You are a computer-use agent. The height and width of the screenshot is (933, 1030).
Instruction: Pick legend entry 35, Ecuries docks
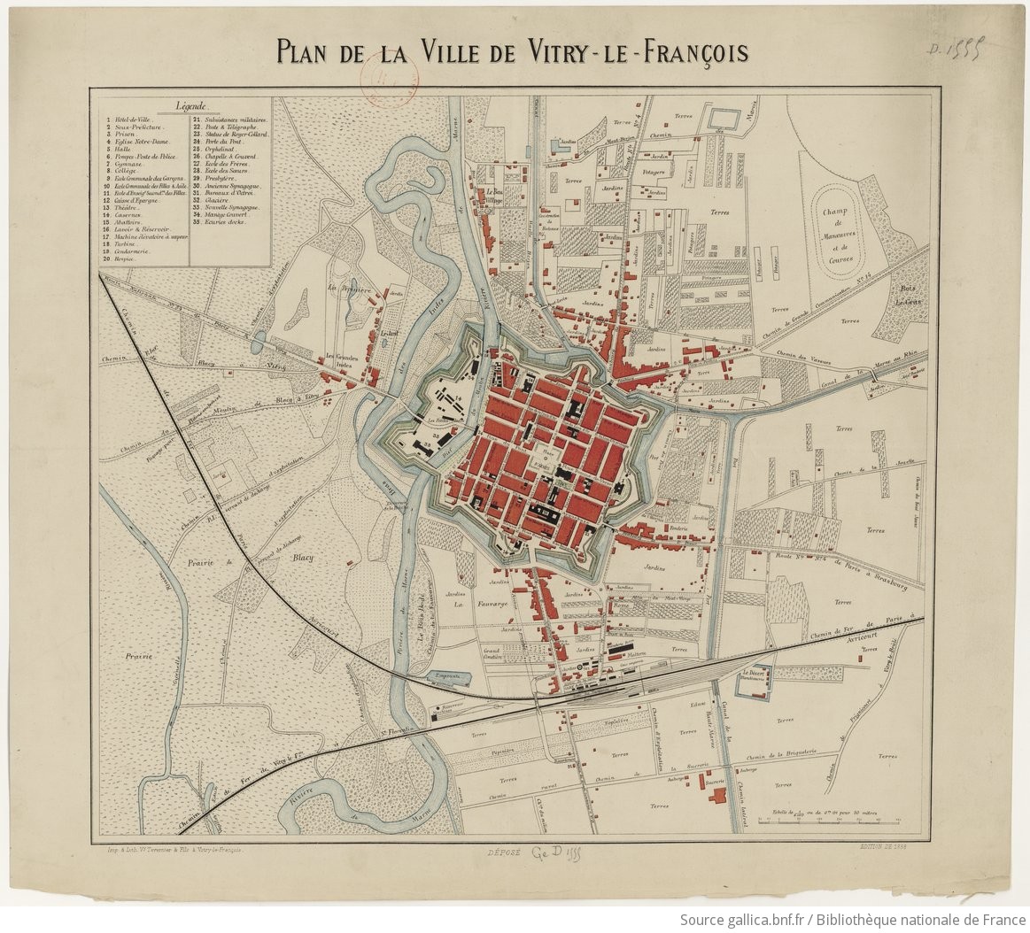[224, 221]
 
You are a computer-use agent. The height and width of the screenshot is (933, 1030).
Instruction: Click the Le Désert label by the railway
[753, 675]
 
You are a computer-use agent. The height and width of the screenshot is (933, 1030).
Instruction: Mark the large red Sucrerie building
[716, 791]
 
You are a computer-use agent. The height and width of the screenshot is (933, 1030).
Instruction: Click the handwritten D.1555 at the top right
[963, 52]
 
